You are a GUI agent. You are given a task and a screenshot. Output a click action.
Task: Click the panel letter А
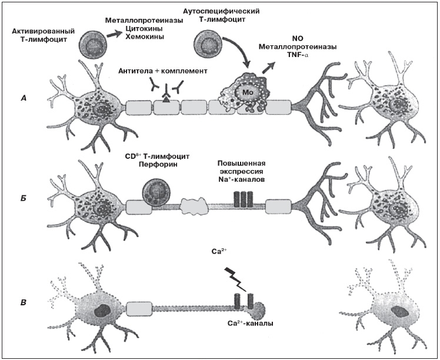pyautogui.click(x=23, y=98)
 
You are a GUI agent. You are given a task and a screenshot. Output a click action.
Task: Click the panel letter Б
pyautogui.click(x=23, y=202)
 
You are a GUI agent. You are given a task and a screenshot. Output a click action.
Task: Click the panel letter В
pyautogui.click(x=23, y=304)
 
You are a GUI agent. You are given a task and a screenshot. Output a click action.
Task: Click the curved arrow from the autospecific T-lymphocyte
pyautogui.click(x=240, y=56)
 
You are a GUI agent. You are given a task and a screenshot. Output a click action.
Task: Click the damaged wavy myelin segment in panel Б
pyautogui.click(x=195, y=206)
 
